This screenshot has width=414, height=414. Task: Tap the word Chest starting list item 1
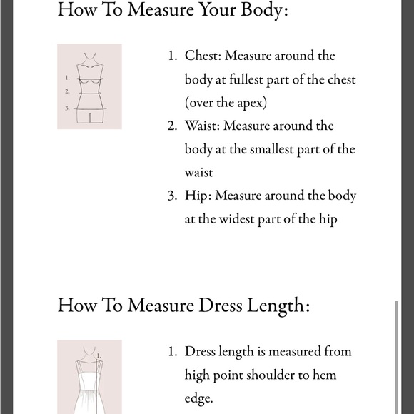(202, 56)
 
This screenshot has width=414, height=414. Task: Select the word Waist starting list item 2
(202, 126)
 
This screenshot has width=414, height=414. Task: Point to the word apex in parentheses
(250, 103)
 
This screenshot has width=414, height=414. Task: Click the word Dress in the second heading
(220, 306)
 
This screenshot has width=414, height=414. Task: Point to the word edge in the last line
(198, 399)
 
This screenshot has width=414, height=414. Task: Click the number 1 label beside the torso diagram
(67, 78)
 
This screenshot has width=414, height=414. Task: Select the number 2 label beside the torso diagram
(67, 91)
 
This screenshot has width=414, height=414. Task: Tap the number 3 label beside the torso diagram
(67, 108)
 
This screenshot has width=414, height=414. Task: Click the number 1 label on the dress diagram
(99, 356)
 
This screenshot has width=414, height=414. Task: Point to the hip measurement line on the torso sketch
(90, 108)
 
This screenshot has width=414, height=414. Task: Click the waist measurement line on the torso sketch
(90, 94)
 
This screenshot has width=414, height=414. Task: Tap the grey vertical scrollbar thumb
(396, 357)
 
